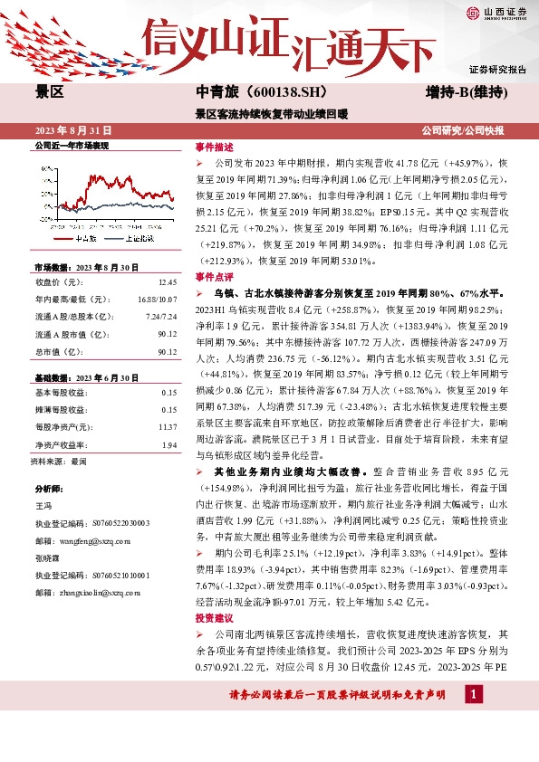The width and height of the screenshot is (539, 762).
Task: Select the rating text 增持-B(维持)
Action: (466, 92)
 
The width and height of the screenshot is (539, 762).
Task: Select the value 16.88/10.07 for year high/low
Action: (158, 299)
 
